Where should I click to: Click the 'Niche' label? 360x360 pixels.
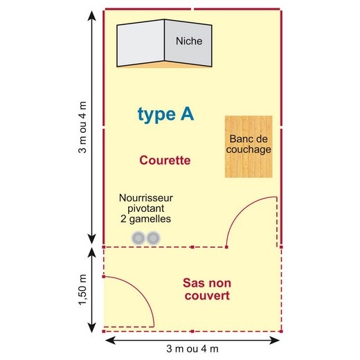pos(189,41)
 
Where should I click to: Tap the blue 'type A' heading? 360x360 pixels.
pos(165,114)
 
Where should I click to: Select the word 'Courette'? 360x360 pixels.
pos(165,160)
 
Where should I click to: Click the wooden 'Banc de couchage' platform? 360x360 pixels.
pos(249,147)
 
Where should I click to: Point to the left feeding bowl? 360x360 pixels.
pos(138,238)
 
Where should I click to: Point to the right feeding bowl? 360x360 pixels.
pos(154,238)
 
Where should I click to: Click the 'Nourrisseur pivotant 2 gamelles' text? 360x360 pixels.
pos(146,208)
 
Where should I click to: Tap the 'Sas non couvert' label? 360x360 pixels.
pos(207,289)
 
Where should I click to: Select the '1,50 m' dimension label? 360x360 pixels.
pos(82,289)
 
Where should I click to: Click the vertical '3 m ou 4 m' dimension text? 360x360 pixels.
pos(82,127)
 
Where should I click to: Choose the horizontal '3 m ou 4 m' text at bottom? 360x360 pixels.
pos(192,349)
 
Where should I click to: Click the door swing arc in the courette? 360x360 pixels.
pos(240,208)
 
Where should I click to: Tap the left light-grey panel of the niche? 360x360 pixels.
pos(141,43)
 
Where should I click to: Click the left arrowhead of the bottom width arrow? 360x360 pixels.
pos(110,340)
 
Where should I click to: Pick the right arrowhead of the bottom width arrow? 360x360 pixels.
pos(275,340)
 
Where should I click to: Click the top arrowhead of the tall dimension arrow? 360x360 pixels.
pos(92,16)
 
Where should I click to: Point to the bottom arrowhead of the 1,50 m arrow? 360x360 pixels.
pos(92,327)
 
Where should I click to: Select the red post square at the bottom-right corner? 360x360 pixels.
pos(281,332)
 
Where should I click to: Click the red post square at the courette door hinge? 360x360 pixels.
pos(226,247)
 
